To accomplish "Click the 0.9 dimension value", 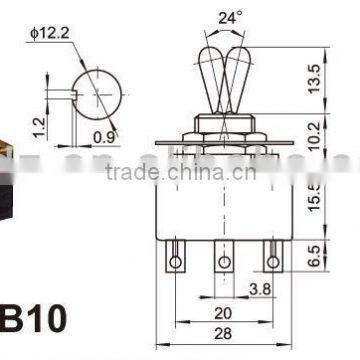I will pos(103,137).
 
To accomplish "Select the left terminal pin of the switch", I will pos(176,261).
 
